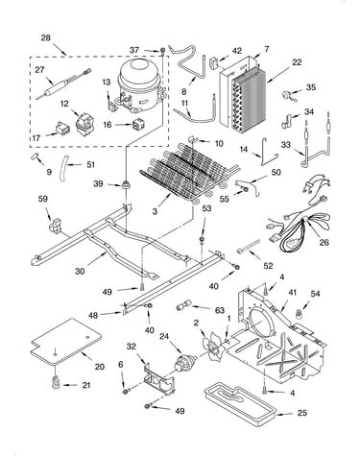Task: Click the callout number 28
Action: click(46, 37)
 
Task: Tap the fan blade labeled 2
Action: click(212, 347)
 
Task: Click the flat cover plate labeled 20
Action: click(66, 342)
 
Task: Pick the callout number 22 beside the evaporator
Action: click(297, 62)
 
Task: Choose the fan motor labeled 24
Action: click(184, 364)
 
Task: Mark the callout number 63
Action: click(220, 310)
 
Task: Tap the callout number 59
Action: click(42, 199)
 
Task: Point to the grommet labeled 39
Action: click(125, 184)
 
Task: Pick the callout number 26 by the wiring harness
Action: click(324, 243)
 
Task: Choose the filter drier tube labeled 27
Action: click(63, 84)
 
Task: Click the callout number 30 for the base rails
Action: click(80, 271)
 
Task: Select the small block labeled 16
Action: click(137, 126)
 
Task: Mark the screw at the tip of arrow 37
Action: click(163, 50)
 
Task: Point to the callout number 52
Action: click(268, 265)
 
